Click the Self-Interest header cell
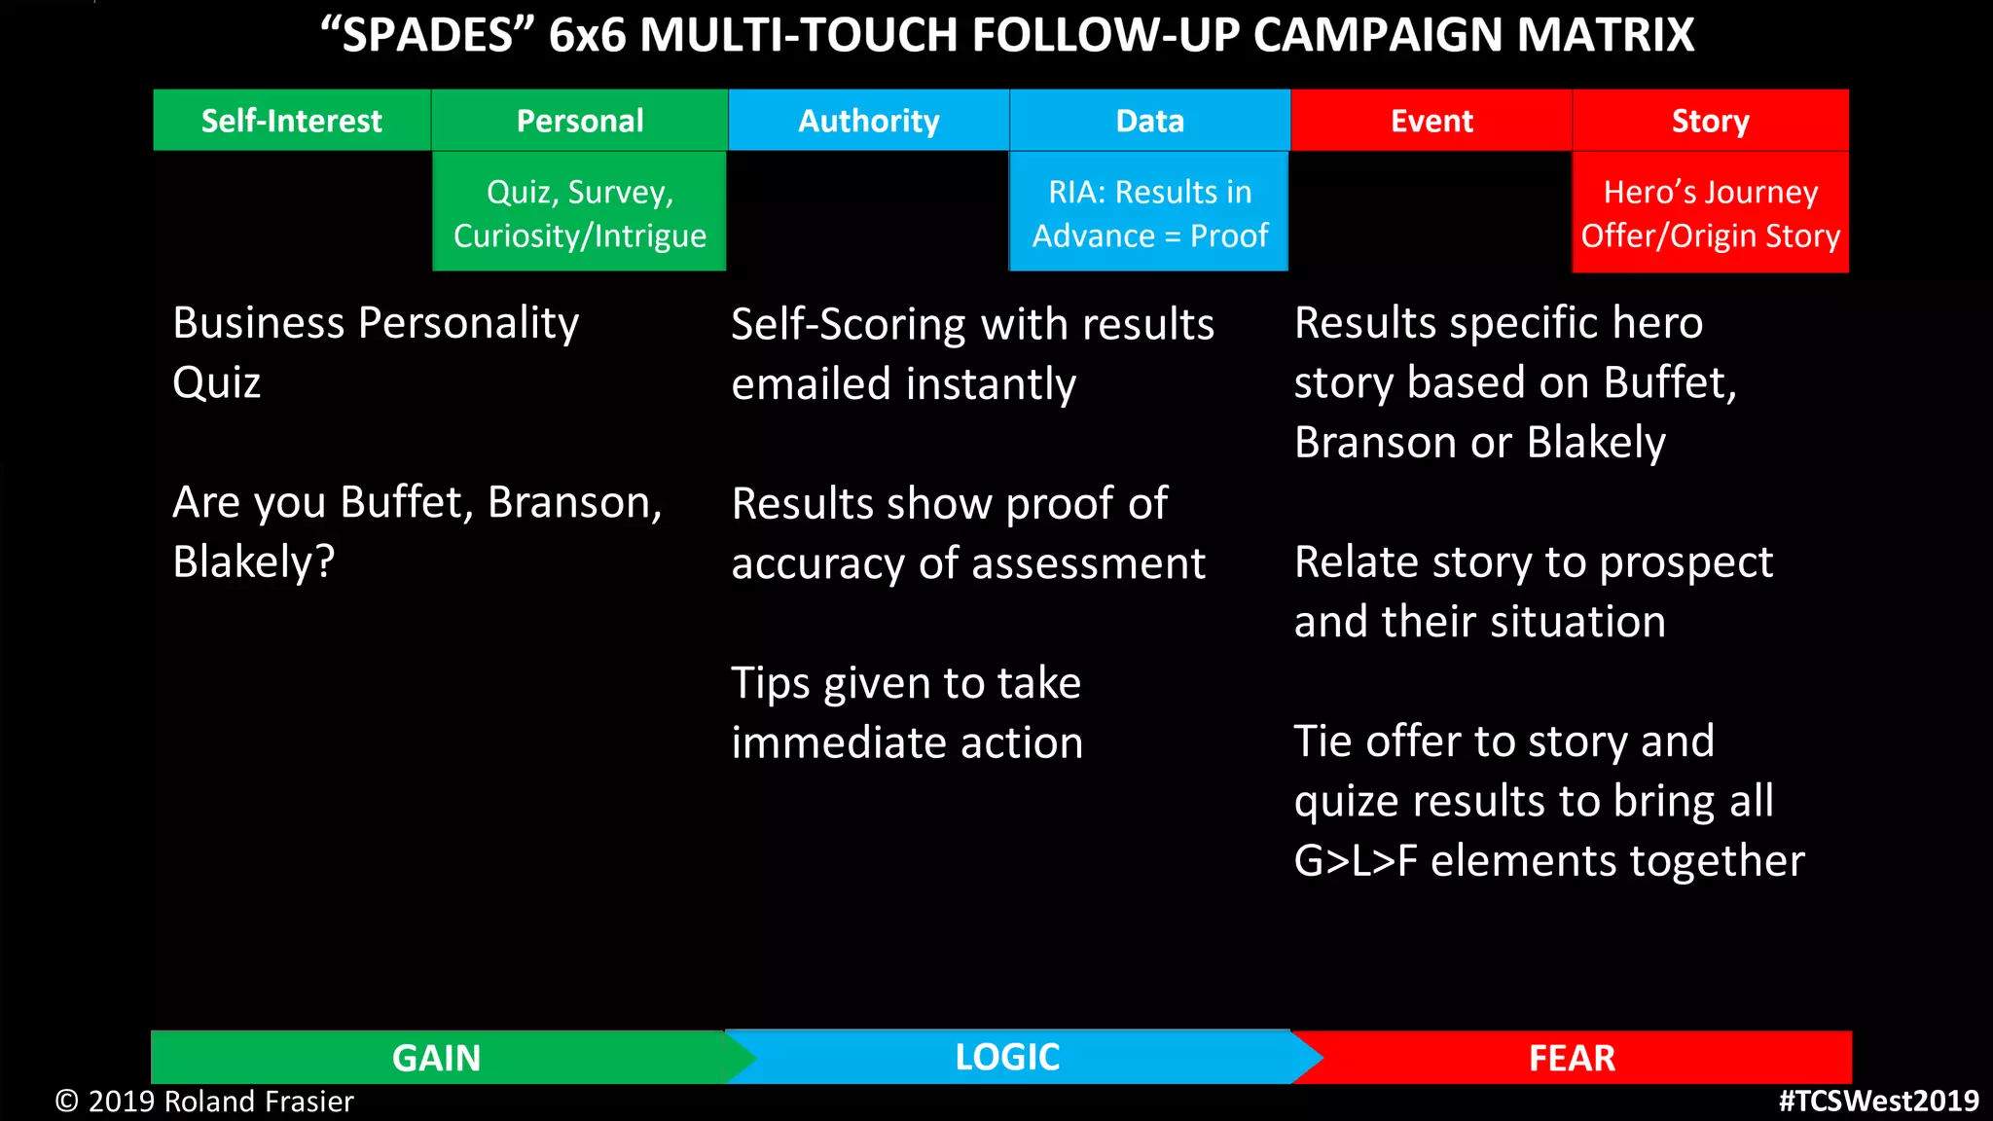tap(291, 121)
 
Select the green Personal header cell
tap(579, 121)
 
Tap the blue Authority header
tap(868, 121)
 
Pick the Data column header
tap(1149, 121)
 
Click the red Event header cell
tap(1431, 121)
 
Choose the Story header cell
tap(1710, 121)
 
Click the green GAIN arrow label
tap(436, 1058)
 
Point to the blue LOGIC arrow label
tap(1006, 1057)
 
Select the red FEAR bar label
tap(1571, 1058)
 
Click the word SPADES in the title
tap(428, 36)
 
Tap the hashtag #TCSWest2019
tap(1878, 1101)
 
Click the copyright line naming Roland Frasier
tap(204, 1102)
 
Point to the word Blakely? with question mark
tap(253, 562)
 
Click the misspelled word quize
tap(1347, 802)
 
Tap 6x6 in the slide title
tap(587, 36)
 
